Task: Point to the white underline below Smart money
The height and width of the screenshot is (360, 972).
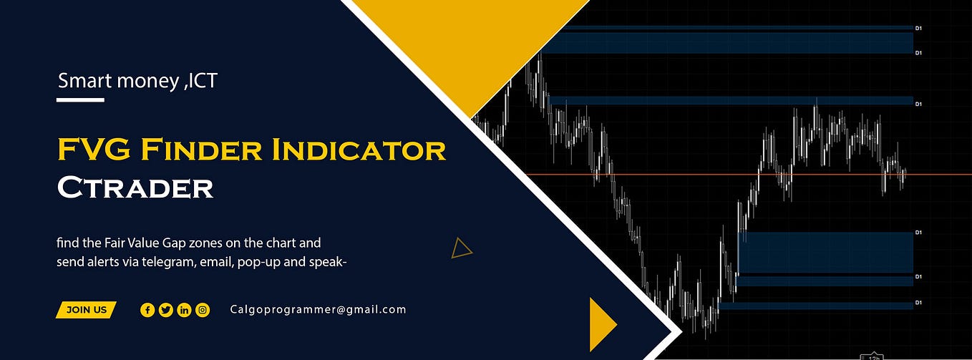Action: tap(80, 99)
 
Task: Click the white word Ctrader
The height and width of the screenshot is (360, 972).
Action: tap(135, 188)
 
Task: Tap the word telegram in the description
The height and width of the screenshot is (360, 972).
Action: tap(173, 261)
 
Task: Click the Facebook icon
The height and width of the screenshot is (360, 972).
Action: tap(147, 310)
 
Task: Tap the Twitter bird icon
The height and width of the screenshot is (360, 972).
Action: tap(166, 310)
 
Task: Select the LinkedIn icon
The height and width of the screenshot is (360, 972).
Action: tap(184, 310)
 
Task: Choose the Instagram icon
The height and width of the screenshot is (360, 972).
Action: tap(203, 310)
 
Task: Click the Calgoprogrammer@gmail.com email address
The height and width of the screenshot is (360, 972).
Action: tap(318, 310)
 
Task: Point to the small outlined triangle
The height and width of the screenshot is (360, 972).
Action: tap(461, 248)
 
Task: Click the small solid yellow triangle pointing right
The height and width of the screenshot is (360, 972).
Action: tap(601, 324)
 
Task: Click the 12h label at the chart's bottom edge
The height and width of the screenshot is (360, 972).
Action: tap(873, 356)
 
